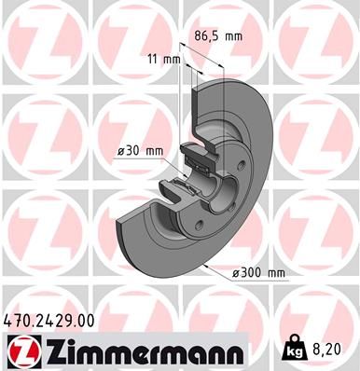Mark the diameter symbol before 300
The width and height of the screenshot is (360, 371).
pyautogui.click(x=235, y=273)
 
